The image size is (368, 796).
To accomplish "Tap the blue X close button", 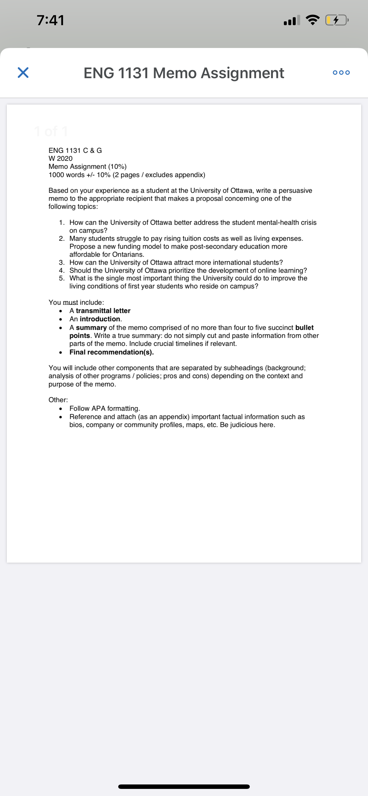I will click(23, 73).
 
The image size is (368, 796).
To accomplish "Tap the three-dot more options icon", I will click(341, 73).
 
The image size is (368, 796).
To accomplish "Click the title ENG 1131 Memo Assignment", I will click(184, 73).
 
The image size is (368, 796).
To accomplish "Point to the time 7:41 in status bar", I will click(50, 20).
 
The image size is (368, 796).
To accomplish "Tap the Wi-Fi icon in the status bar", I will click(312, 20).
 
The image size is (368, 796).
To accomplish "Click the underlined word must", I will click(70, 302).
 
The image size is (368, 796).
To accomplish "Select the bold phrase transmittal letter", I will click(103, 311).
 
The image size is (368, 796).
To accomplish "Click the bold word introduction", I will click(100, 319).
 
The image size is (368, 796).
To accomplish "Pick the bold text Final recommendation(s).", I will click(111, 352).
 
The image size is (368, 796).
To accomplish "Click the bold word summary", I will click(91, 328).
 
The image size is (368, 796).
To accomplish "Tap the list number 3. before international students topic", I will click(62, 262).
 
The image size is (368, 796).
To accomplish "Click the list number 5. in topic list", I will click(62, 278).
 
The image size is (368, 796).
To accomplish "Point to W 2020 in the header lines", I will click(60, 158).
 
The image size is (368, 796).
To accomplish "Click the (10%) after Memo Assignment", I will click(117, 166).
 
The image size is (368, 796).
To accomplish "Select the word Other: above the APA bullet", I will click(58, 400).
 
